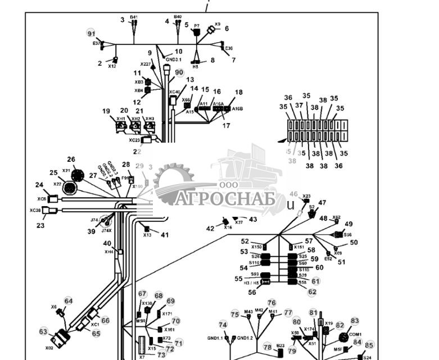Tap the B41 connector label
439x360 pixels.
coord(134,18)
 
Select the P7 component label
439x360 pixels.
coord(197,26)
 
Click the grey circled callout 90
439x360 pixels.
coord(179,72)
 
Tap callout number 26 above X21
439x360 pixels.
coord(71,160)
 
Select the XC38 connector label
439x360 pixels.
coord(35,210)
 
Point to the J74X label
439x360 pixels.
coord(106,230)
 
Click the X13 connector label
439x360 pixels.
coord(147,235)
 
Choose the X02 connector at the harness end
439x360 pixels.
coord(60,340)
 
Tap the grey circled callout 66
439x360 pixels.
coord(105,321)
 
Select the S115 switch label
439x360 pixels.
coord(304,270)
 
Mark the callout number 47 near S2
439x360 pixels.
coord(322,203)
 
